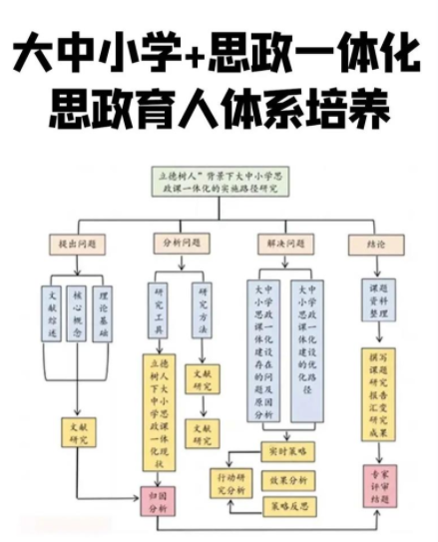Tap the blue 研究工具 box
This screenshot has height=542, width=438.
(x=158, y=312)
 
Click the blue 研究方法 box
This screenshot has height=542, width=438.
(x=206, y=312)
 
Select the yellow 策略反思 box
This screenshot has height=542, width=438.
(x=284, y=507)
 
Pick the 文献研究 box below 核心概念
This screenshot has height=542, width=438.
(x=80, y=431)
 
